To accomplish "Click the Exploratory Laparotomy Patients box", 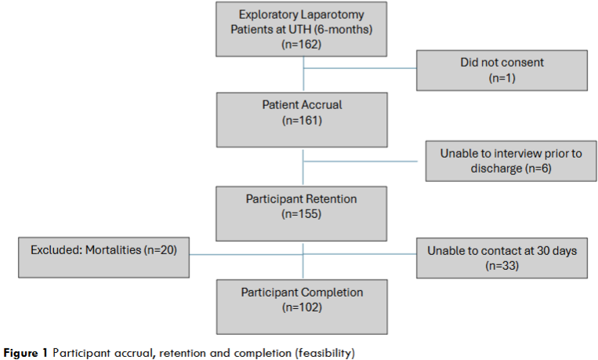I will pyautogui.click(x=303, y=30).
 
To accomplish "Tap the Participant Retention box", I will pyautogui.click(x=303, y=207).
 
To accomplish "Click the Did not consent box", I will pyautogui.click(x=502, y=70).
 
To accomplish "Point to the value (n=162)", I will pyautogui.click(x=303, y=45).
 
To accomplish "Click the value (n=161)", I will pyautogui.click(x=303, y=121).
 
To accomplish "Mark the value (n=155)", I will pyautogui.click(x=303, y=214).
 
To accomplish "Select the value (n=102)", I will pyautogui.click(x=303, y=307).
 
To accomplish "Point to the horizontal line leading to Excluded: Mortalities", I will pyautogui.click(x=246, y=255).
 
